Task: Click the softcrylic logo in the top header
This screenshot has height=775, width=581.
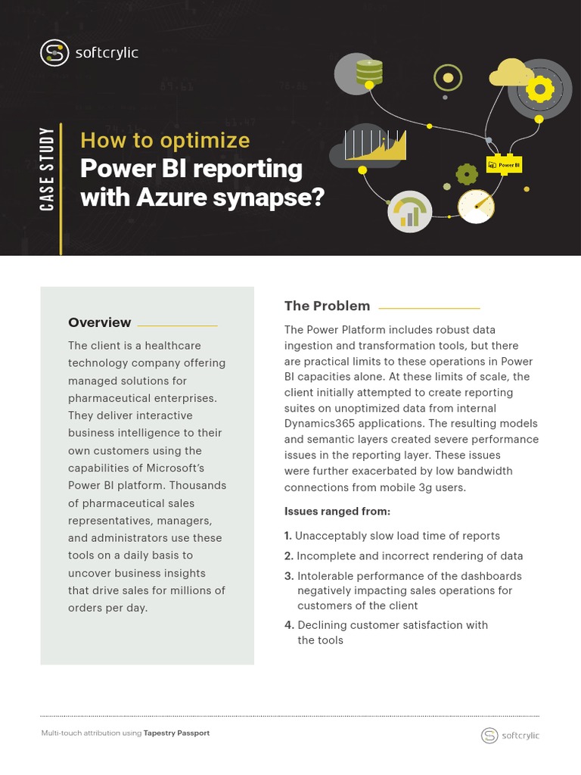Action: click(89, 52)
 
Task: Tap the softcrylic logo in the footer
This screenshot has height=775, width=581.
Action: click(511, 735)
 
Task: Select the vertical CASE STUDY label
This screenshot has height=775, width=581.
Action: click(48, 170)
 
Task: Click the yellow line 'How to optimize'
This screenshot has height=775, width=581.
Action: click(165, 141)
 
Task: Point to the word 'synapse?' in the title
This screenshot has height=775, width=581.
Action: click(283, 198)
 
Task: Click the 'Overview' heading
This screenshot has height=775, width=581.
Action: click(99, 322)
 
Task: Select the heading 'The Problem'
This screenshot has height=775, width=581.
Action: click(327, 306)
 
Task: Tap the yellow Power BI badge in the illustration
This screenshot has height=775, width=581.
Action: click(504, 164)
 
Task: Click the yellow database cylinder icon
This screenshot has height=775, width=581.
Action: click(369, 71)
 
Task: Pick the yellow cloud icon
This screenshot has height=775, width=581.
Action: click(511, 73)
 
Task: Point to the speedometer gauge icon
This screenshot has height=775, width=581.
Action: click(476, 205)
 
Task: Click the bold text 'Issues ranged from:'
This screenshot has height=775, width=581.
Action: click(337, 512)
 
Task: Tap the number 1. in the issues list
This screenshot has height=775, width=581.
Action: click(287, 536)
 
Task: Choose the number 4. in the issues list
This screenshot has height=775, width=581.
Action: click(288, 625)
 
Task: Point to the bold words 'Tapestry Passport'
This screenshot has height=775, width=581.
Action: click(176, 733)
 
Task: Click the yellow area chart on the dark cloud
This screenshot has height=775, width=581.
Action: click(376, 145)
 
